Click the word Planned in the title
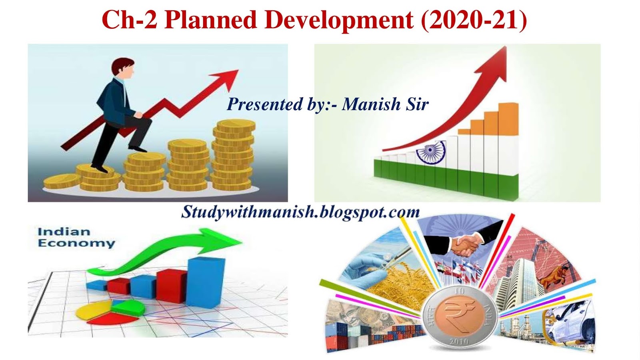coord(210,20)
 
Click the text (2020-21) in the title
coord(474,20)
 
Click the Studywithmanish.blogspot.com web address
coord(300,212)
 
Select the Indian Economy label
coord(76,238)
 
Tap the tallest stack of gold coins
coord(233,156)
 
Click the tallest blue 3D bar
coord(206,282)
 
